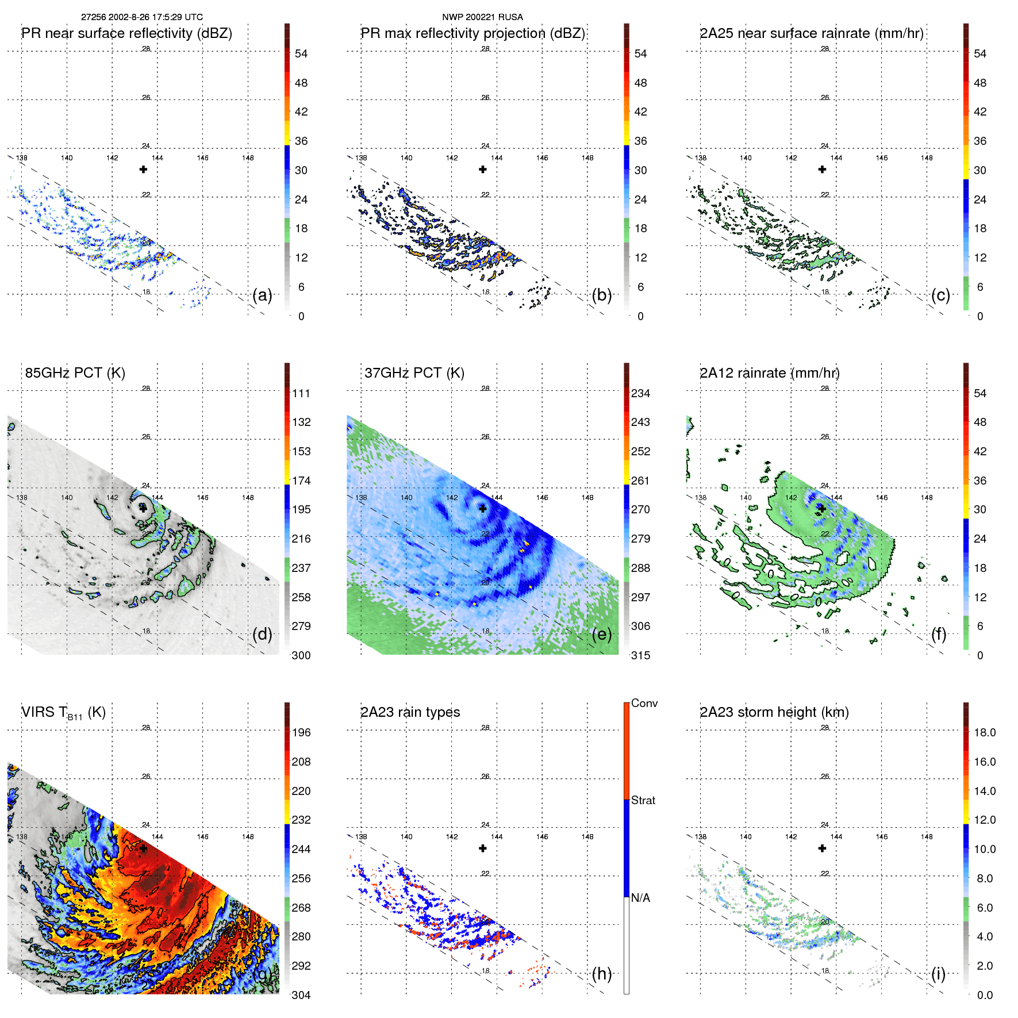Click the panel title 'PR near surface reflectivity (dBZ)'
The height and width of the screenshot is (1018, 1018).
pos(126,33)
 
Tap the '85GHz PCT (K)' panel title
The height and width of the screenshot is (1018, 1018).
pos(75,373)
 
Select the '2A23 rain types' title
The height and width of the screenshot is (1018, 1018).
pos(410,712)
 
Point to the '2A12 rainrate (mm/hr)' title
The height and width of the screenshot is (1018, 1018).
pos(769,373)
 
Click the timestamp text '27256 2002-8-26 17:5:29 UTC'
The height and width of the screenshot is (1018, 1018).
pos(141,17)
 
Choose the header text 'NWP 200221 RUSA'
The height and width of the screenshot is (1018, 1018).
pos(482,17)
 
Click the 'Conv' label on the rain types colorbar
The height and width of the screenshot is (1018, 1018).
pos(644,703)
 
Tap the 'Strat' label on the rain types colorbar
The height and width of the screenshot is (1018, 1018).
pos(643,800)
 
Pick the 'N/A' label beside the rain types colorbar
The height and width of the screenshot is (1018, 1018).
pos(640,898)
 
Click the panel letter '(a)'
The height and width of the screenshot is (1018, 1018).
pos(262,295)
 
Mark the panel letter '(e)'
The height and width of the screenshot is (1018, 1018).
pos(601,635)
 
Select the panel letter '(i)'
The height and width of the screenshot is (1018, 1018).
pos(938,974)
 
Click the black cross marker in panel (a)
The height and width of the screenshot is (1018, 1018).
pos(143,170)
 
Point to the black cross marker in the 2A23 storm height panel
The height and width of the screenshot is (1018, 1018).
pos(822,848)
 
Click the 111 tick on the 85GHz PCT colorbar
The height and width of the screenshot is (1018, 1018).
pos(301,393)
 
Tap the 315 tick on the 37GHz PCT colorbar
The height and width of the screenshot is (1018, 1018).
pos(640,655)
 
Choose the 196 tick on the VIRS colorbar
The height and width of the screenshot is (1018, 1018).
pos(301,732)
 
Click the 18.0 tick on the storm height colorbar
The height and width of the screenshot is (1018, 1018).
pos(984,732)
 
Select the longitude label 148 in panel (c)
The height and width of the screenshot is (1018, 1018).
pos(927,158)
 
